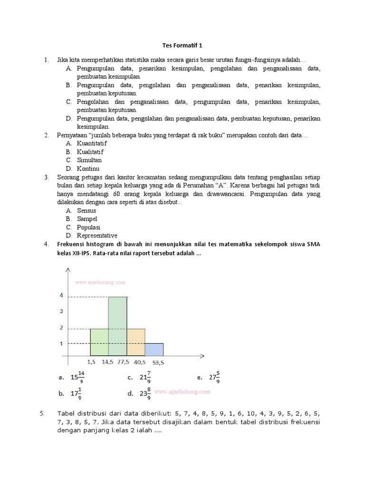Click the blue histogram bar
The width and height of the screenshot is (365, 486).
coord(154,349)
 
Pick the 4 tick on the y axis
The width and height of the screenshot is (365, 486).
coord(61,295)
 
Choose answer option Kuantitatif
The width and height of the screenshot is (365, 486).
coord(92,143)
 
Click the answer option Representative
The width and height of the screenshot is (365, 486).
coord(97,235)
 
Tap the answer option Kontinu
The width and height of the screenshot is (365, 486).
coord(88,168)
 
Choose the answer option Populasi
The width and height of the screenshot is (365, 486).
coord(89,227)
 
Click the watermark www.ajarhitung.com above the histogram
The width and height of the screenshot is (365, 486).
coord(100,282)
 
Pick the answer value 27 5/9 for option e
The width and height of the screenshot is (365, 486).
coord(214,378)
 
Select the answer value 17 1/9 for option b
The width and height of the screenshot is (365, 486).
coord(76,394)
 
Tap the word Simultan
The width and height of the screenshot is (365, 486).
coord(89,160)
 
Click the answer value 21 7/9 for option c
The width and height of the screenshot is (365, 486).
coord(145,378)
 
